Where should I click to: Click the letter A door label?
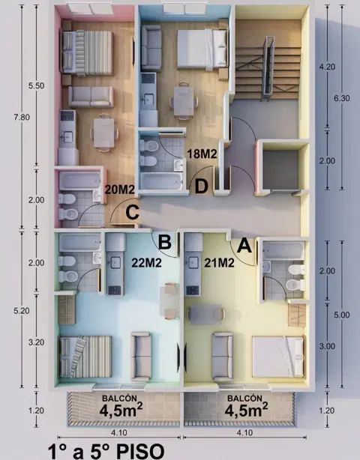coord(244,245)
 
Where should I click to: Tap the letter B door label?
coord(164,242)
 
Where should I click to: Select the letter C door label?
coord(132,212)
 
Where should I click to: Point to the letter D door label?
coord(202,186)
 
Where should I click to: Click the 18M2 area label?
coord(202,154)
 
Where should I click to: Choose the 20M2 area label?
coord(119,190)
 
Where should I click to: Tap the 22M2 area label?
coord(146,263)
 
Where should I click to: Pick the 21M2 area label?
coord(219,263)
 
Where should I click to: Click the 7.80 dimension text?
coord(22,117)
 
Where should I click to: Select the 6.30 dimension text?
coord(342,98)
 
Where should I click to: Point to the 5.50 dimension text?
coord(36,85)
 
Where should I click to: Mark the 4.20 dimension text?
coord(327,67)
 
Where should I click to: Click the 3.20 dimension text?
coord(36,342)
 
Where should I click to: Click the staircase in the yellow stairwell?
coord(268,68)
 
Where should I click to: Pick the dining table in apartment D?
coord(184,101)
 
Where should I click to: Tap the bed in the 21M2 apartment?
coord(278,357)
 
